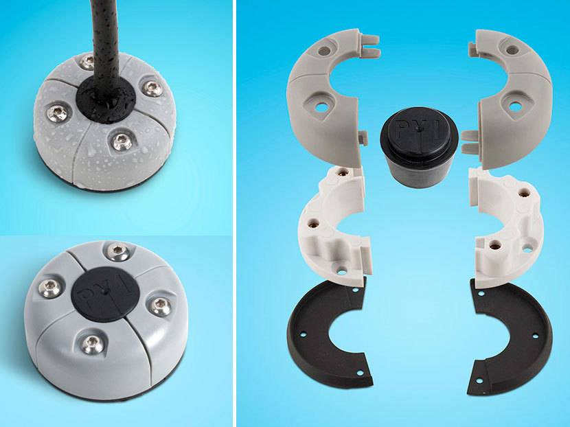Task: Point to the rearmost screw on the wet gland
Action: click(x=86, y=62)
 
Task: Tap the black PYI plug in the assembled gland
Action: click(x=102, y=295)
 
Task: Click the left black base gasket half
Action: click(x=323, y=336)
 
